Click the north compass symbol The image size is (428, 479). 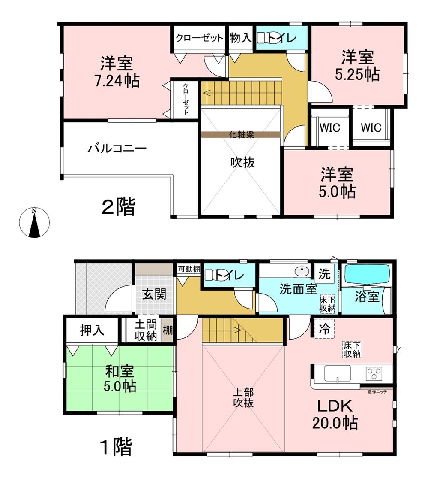pos(34,222)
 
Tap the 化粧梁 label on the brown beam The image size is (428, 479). pos(242,134)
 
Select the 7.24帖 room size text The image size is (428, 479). pos(117,81)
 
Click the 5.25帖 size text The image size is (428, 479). pos(357,74)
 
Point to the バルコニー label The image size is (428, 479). pos(117,149)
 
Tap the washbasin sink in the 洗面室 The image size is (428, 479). pos(302,271)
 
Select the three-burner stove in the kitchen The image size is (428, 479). pos(374,373)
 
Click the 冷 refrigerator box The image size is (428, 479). pos(324,329)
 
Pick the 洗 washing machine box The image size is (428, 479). pos(325,273)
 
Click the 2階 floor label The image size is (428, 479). pos(118,206)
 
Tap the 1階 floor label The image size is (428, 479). pos(117,447)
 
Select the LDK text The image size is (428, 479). pos(335,406)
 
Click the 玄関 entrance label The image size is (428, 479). pos(154,294)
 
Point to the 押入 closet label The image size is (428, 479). pos(92,330)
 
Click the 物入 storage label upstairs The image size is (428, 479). pos(241,38)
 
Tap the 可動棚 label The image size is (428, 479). pos(189,269)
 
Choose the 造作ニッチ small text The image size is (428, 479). pos(377,391)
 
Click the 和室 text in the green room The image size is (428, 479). pos(120,371)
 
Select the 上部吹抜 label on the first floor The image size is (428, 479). pos(244,398)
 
